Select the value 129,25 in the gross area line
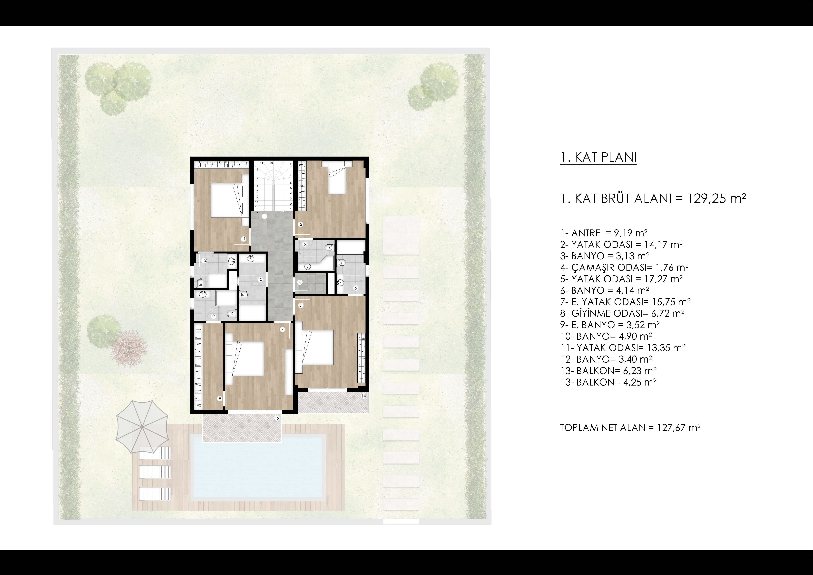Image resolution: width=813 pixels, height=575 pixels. click(x=706, y=199)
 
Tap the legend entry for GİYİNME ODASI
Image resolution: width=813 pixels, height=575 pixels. click(x=622, y=313)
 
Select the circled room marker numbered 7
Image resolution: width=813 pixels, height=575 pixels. click(x=282, y=329)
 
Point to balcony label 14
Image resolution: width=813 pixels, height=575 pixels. click(x=364, y=396)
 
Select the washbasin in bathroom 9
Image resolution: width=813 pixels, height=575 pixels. click(x=203, y=294)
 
